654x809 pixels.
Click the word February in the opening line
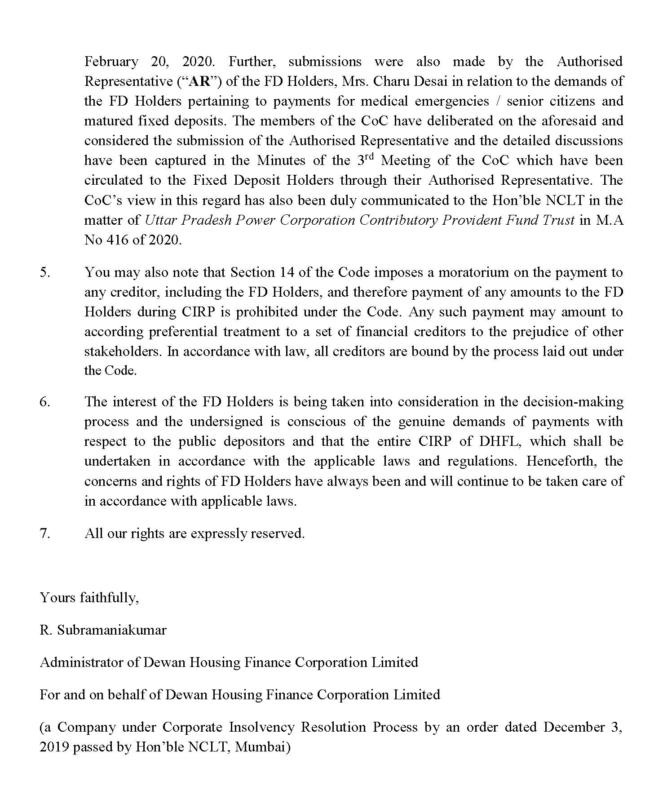pyautogui.click(x=111, y=62)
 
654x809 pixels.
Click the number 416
pyautogui.click(x=119, y=240)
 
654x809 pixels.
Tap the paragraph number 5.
pyautogui.click(x=45, y=272)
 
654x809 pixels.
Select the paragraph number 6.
pyautogui.click(x=45, y=402)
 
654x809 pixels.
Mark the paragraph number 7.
pyautogui.click(x=45, y=533)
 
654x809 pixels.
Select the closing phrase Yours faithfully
pyautogui.click(x=89, y=598)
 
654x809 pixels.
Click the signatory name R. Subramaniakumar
pyautogui.click(x=103, y=630)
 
